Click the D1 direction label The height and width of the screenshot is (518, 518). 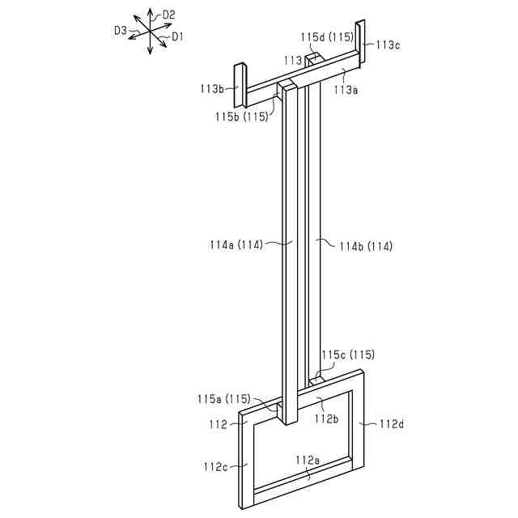177,36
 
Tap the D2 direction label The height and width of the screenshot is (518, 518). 169,15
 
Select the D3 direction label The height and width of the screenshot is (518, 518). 120,30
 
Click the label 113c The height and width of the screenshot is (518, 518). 387,45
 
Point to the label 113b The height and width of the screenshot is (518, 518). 212,87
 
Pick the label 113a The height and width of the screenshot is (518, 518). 346,90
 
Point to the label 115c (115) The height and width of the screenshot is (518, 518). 348,355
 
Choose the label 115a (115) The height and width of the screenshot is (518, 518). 224,398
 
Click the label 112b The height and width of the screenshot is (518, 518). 326,418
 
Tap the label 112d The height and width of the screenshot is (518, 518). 390,422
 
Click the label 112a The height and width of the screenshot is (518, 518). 308,461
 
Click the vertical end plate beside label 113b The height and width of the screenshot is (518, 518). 240,84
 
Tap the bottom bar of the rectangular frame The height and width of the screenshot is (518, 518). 304,479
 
